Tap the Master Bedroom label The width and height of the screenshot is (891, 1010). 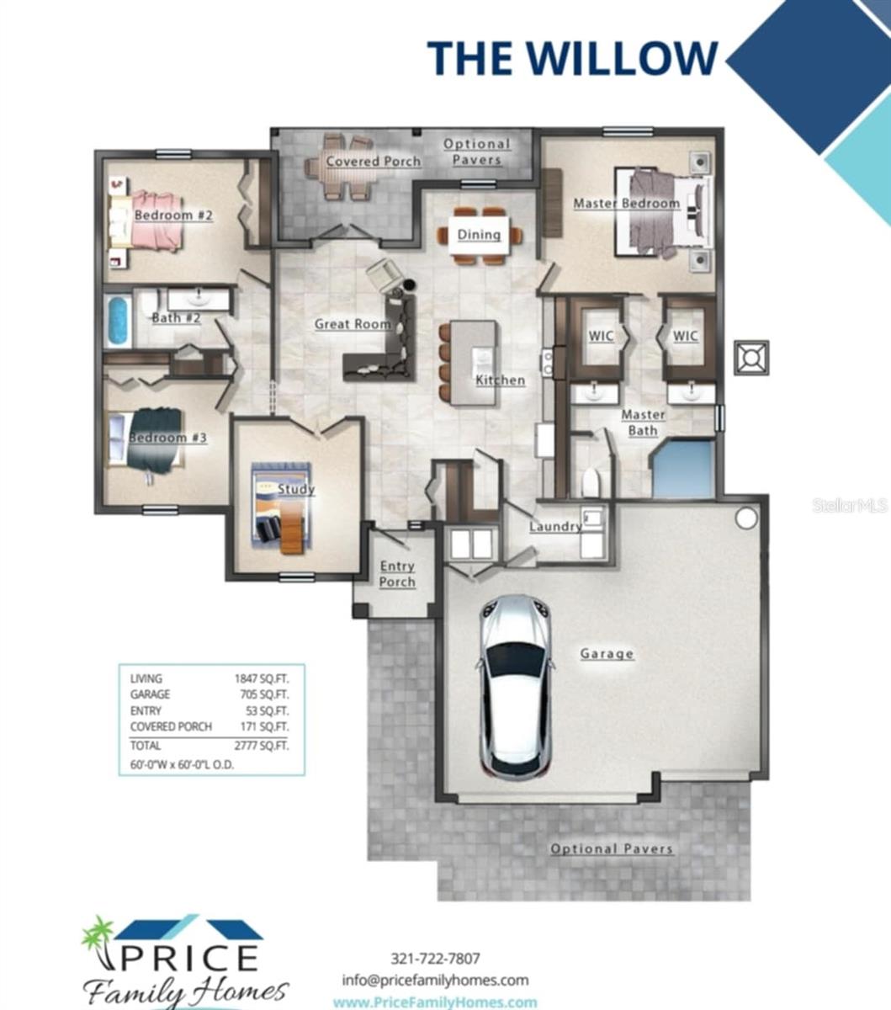(x=626, y=204)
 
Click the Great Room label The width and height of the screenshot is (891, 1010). (x=353, y=324)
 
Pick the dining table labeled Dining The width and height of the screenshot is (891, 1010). (x=480, y=234)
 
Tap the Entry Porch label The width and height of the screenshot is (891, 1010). (x=397, y=574)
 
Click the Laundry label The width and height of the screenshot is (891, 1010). (x=555, y=526)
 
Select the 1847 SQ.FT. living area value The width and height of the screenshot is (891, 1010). (x=262, y=678)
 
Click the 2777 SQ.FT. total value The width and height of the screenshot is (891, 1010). (x=262, y=745)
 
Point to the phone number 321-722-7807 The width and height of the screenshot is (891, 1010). (x=435, y=959)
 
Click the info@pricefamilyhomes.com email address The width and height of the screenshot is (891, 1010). (x=435, y=980)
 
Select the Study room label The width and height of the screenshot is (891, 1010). (x=296, y=489)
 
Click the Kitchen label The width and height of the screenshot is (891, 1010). (x=501, y=380)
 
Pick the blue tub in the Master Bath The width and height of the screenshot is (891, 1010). (x=683, y=468)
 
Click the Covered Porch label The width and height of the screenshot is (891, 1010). (x=374, y=162)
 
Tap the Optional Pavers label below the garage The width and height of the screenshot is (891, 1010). (x=612, y=848)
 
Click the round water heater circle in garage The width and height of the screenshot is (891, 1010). (x=746, y=518)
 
